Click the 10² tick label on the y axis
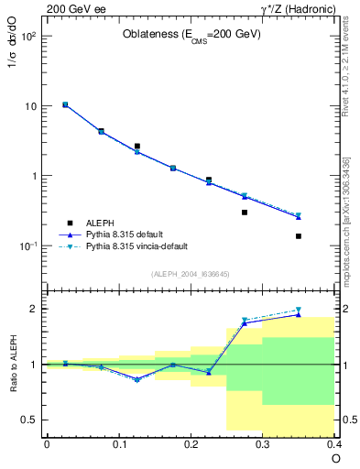[x=28, y=37]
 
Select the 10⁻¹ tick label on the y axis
[x=28, y=246]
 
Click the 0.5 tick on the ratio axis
[x=30, y=420]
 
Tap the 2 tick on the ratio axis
[x=36, y=309]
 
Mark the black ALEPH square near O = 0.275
[x=245, y=213]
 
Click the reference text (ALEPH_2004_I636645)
[x=191, y=273]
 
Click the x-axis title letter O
[x=335, y=458]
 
